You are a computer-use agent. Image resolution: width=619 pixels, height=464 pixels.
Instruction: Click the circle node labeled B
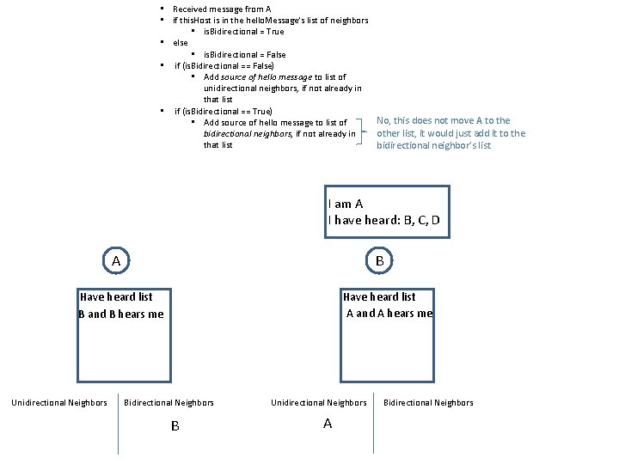(380, 259)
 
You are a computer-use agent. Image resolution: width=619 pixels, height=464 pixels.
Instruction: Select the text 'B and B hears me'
(120, 314)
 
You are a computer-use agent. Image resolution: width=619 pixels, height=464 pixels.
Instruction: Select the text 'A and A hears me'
(389, 313)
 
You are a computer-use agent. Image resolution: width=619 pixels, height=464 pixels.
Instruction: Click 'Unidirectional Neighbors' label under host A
(58, 402)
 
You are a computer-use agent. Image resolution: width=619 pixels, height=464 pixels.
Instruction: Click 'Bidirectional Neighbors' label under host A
(169, 402)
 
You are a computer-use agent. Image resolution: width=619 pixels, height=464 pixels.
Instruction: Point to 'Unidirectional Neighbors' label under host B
(319, 402)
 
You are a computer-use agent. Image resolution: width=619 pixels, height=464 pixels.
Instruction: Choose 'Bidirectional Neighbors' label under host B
(428, 402)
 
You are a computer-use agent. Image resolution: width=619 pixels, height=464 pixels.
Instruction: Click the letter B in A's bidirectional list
(175, 425)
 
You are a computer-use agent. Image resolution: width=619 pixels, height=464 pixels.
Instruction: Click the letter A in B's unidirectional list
(327, 424)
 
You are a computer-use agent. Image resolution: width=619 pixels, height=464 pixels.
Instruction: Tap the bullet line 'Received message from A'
(222, 9)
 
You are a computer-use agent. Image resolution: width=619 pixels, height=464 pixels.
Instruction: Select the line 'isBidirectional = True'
(243, 31)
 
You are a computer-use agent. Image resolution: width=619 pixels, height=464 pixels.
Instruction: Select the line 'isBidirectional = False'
(244, 54)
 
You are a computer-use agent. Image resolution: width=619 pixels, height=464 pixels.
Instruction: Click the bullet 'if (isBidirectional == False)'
(224, 65)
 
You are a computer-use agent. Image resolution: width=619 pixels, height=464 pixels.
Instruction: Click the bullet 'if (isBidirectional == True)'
(224, 111)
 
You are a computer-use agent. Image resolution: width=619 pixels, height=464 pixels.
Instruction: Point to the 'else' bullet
(180, 42)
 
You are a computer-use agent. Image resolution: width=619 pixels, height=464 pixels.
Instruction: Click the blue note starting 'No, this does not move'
(450, 133)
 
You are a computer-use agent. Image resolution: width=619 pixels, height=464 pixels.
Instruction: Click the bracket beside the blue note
(368, 133)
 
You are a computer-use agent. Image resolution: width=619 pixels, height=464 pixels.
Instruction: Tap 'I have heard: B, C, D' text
(384, 220)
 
